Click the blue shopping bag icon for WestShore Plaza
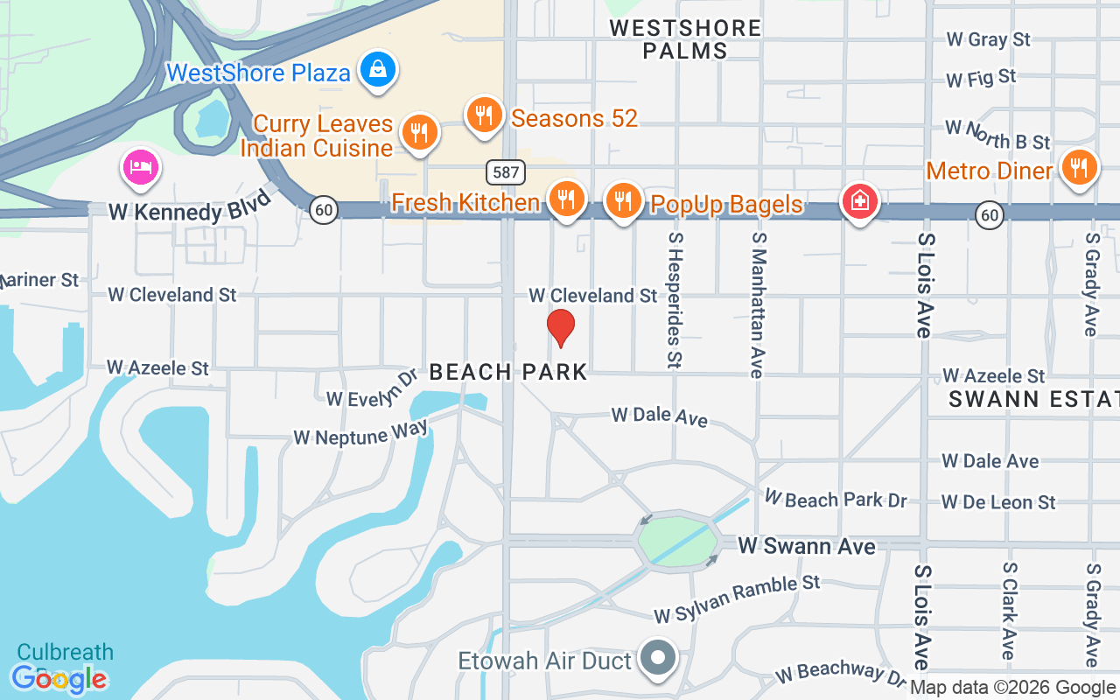tap(378, 69)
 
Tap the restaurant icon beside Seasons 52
tap(483, 115)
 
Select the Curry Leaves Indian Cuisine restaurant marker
tap(419, 133)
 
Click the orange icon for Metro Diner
tap(1080, 167)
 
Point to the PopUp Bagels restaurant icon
tap(623, 200)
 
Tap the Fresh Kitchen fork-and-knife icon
tap(567, 199)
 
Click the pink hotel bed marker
tap(141, 167)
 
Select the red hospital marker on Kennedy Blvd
tap(859, 201)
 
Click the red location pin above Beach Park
tap(560, 327)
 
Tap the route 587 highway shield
tap(506, 171)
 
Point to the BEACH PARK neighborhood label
tap(508, 372)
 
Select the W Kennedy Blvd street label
tap(178, 212)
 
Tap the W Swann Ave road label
tap(806, 546)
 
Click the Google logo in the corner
tap(59, 678)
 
